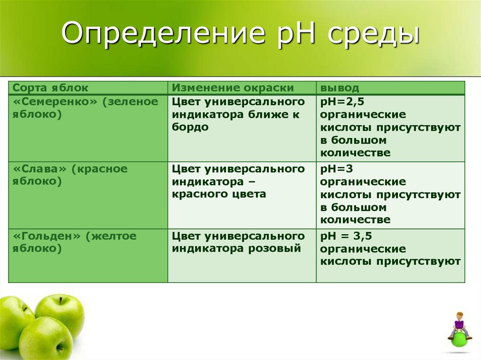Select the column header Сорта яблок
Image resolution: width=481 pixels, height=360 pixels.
tap(50, 88)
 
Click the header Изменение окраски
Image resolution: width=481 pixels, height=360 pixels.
tap(233, 88)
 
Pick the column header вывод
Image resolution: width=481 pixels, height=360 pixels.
tap(340, 88)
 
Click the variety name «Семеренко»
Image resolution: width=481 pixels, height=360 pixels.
tap(55, 101)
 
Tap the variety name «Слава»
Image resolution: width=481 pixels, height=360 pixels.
tap(40, 169)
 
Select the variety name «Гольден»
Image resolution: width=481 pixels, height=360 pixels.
tap(47, 236)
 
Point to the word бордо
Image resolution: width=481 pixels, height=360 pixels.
tap(190, 127)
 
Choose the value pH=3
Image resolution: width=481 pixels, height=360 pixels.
tap(336, 169)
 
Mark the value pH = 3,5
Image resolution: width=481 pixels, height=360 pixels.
tap(346, 236)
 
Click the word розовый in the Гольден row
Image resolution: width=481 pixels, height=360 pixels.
tap(274, 248)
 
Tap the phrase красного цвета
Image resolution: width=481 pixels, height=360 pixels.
tap(219, 194)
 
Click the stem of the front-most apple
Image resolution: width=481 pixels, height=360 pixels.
tap(59, 348)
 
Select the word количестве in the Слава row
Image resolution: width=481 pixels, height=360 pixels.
tap(355, 220)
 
